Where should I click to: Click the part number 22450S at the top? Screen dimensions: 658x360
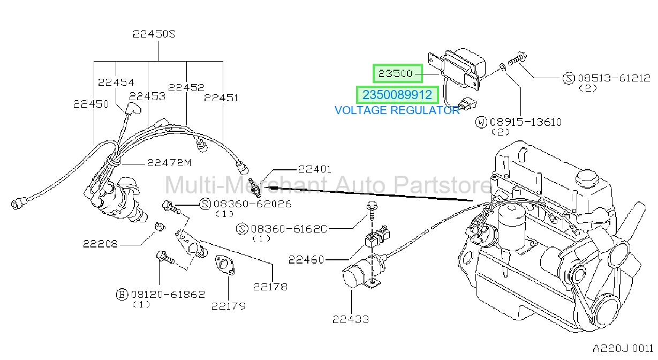[154, 34]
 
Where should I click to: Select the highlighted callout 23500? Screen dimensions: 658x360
[398, 73]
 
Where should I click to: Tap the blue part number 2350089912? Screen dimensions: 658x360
[397, 95]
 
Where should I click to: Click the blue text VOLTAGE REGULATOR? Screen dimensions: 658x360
[397, 110]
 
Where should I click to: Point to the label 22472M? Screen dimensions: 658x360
[169, 162]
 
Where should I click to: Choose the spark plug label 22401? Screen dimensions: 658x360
[314, 169]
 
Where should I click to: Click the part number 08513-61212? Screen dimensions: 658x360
[614, 78]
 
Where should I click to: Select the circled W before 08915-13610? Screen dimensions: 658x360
[481, 122]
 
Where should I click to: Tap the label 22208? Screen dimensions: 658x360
[100, 244]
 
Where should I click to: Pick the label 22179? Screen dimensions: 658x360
[228, 306]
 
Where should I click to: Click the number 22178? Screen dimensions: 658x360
[270, 287]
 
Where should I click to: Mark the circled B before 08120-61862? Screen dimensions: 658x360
[122, 295]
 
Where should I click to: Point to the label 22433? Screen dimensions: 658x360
[351, 319]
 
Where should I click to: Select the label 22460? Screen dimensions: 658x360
[306, 260]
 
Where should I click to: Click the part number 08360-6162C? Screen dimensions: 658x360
[289, 229]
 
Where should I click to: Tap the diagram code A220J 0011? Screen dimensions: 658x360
[623, 349]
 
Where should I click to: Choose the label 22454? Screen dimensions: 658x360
[116, 82]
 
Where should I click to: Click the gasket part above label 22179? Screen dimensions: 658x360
[225, 265]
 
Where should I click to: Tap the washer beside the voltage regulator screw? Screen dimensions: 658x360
[503, 68]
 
